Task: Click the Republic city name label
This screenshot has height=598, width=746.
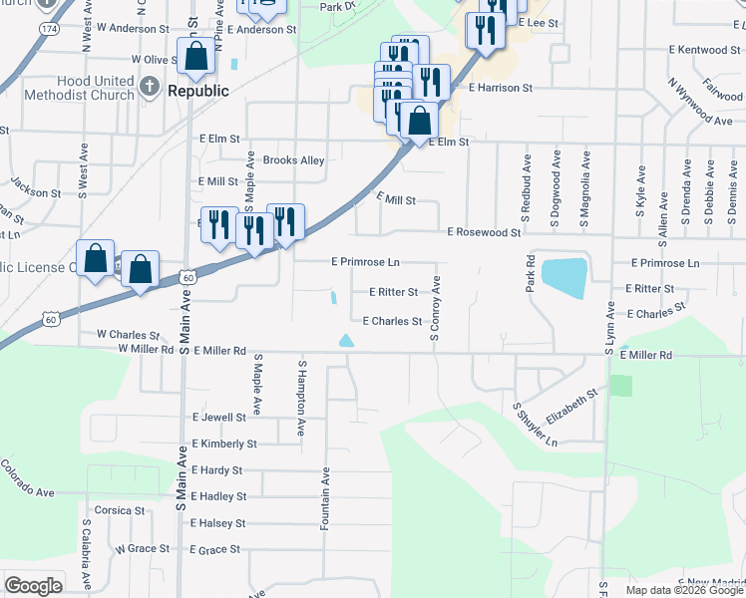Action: pyautogui.click(x=198, y=91)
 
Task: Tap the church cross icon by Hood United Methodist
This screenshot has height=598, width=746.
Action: pyautogui.click(x=149, y=87)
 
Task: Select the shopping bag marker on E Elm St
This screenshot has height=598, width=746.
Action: pyautogui.click(x=420, y=122)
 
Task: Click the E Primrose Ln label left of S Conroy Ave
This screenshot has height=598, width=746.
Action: pyautogui.click(x=365, y=262)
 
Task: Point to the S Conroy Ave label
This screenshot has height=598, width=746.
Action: pyautogui.click(x=435, y=309)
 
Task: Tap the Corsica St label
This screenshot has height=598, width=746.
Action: pyautogui.click(x=121, y=510)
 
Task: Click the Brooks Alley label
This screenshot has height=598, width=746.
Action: pyautogui.click(x=293, y=160)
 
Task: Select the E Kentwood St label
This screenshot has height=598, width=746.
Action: pyautogui.click(x=706, y=49)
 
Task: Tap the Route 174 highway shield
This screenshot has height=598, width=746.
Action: pyautogui.click(x=49, y=31)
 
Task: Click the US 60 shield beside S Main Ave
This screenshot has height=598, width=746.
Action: pyautogui.click(x=186, y=276)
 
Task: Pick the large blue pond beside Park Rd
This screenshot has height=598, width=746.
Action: pyautogui.click(x=563, y=278)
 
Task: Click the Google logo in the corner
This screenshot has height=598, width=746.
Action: pyautogui.click(x=33, y=586)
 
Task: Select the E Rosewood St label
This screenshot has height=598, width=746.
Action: pyautogui.click(x=484, y=232)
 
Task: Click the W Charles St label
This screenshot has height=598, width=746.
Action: pyautogui.click(x=128, y=336)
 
